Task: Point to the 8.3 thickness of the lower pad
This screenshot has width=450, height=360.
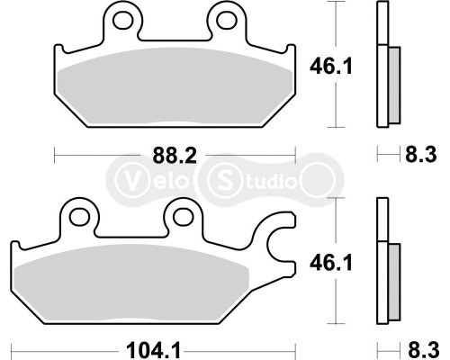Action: coord(420,346)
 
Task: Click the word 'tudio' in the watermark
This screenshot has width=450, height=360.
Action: coord(268,179)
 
